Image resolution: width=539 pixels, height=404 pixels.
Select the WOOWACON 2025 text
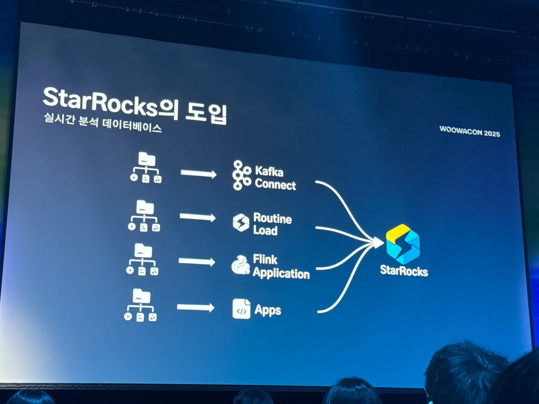pyautogui.click(x=470, y=132)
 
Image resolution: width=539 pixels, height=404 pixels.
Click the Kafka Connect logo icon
pyautogui.click(x=241, y=175)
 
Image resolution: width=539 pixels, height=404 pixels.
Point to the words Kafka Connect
pyautogui.click(x=275, y=178)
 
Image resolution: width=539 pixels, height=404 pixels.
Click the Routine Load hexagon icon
pyautogui.click(x=241, y=223)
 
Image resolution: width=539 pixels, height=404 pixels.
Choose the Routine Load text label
pyautogui.click(x=272, y=224)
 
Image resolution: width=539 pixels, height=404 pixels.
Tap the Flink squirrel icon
pyautogui.click(x=241, y=265)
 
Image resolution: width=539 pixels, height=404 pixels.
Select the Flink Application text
pyautogui.click(x=281, y=266)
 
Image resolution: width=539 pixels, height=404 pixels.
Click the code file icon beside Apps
pyautogui.click(x=241, y=309)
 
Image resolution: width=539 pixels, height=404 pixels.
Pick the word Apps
pyautogui.click(x=268, y=310)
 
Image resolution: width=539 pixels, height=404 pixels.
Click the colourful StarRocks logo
pyautogui.click(x=403, y=244)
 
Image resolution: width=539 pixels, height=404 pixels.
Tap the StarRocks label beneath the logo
pyautogui.click(x=404, y=271)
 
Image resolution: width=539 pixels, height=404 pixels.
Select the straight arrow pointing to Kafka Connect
pyautogui.click(x=198, y=174)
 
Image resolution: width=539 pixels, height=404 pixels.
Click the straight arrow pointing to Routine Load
pyautogui.click(x=197, y=217)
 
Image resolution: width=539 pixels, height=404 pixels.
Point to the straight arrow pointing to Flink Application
pyautogui.click(x=197, y=261)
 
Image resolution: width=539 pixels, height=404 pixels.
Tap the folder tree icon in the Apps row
pyautogui.click(x=141, y=305)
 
